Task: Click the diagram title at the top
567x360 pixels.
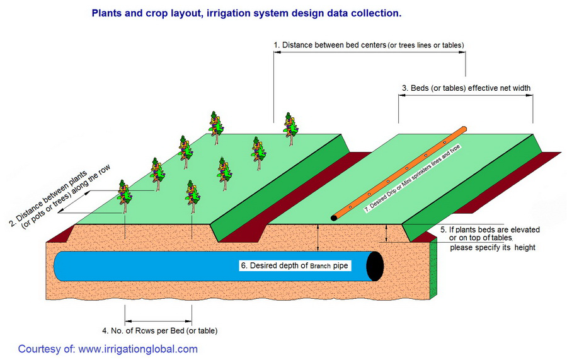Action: tap(246, 13)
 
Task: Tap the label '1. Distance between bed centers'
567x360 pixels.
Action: tap(329, 45)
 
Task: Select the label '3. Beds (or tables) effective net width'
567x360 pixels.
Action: tap(466, 88)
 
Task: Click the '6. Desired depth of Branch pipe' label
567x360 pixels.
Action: tap(294, 265)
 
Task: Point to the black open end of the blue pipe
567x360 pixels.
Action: tap(375, 266)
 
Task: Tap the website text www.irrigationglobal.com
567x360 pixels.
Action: tap(138, 349)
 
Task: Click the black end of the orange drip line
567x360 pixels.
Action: tap(334, 218)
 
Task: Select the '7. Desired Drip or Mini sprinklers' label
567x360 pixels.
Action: tap(412, 178)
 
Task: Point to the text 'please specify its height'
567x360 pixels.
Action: tap(493, 248)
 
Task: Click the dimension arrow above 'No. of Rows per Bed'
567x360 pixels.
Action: tap(158, 321)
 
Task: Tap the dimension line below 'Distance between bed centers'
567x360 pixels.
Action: tap(370, 52)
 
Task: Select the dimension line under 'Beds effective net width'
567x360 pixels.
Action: tap(466, 95)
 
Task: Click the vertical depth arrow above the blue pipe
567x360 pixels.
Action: tap(318, 237)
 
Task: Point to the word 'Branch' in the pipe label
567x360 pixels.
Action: tap(321, 266)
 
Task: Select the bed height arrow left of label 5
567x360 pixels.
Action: tap(386, 233)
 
